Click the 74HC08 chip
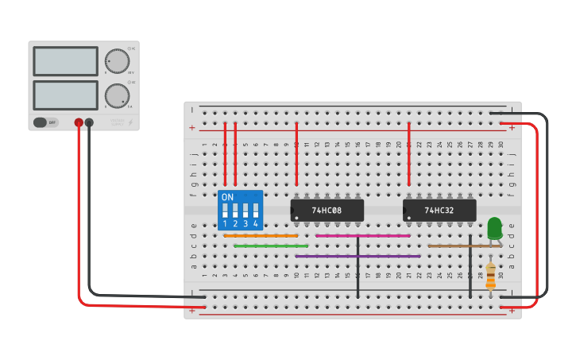pyautogui.click(x=327, y=211)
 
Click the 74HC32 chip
pyautogui.click(x=439, y=211)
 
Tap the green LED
pyautogui.click(x=494, y=227)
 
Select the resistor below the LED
pyautogui.click(x=490, y=277)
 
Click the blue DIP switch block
pyautogui.click(x=240, y=210)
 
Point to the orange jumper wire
pyautogui.click(x=261, y=236)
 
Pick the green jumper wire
pyautogui.click(x=271, y=246)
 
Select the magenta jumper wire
pyautogui.click(x=362, y=236)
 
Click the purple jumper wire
pyautogui.click(x=358, y=257)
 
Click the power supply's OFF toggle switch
pyautogui.click(x=46, y=122)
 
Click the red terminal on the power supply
pyautogui.click(x=79, y=122)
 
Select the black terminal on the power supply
pyautogui.click(x=89, y=122)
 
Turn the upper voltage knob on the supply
pyautogui.click(x=117, y=61)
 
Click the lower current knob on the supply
pyautogui.click(x=117, y=95)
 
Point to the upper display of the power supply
pyautogui.click(x=65, y=61)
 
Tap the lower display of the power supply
pyautogui.click(x=65, y=95)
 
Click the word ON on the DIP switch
pyautogui.click(x=227, y=196)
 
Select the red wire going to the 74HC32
pyautogui.click(x=409, y=155)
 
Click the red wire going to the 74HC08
pyautogui.click(x=296, y=155)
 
